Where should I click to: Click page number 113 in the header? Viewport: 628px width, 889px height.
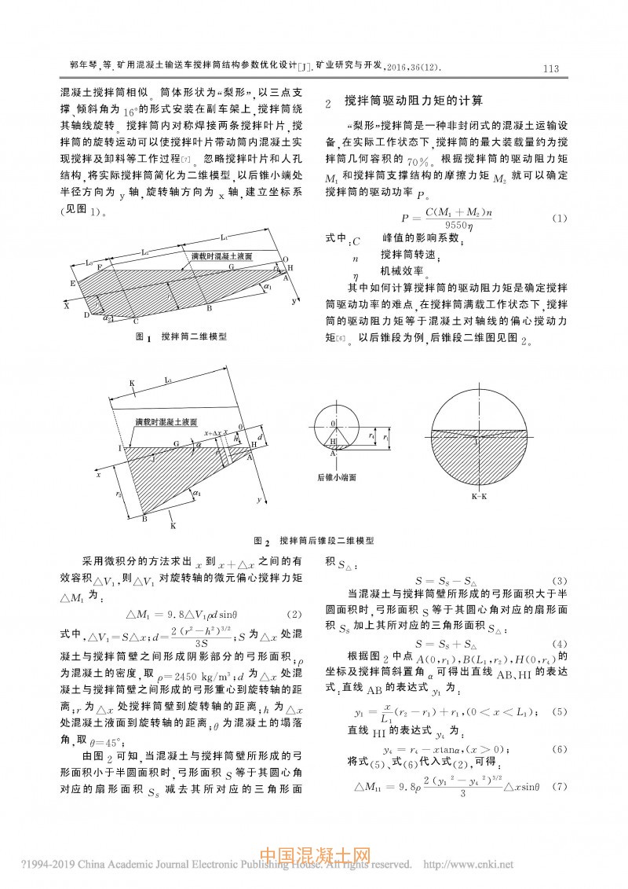coord(549,68)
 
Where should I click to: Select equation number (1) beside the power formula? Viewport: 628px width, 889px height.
coord(558,217)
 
